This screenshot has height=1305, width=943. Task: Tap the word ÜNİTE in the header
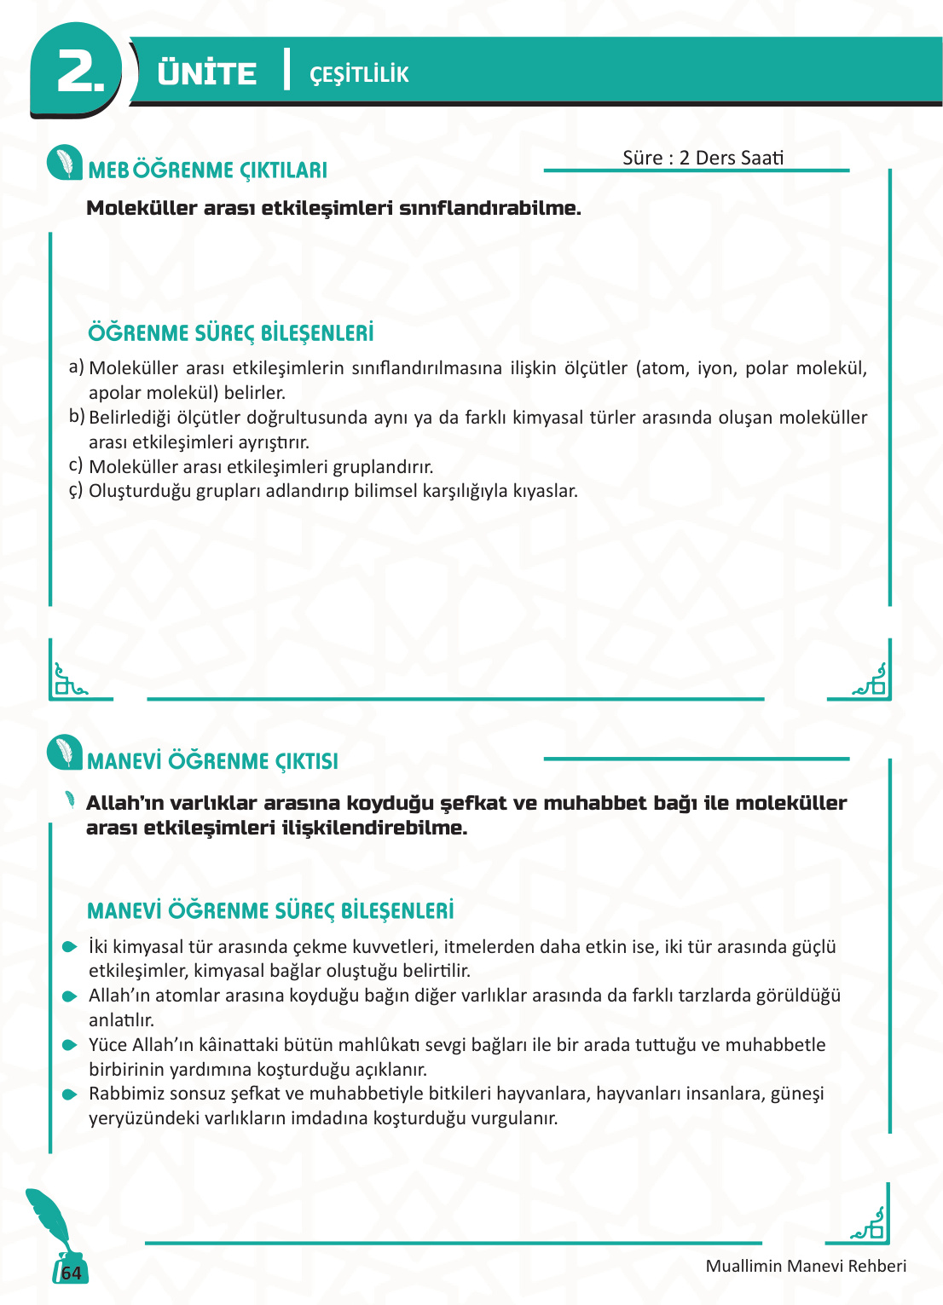tap(206, 73)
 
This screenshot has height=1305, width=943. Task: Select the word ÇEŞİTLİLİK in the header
tap(359, 75)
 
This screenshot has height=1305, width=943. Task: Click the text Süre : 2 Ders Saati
tap(703, 158)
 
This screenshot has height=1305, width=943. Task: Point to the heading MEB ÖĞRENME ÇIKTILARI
tap(208, 170)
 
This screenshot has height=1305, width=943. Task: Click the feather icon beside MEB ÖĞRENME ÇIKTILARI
tap(65, 162)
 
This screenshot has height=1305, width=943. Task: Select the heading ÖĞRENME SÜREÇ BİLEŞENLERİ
tap(231, 332)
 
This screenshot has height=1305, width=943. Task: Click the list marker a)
tap(76, 367)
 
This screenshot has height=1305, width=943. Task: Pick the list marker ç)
tap(76, 490)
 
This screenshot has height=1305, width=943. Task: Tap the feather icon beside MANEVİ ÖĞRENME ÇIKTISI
tap(65, 752)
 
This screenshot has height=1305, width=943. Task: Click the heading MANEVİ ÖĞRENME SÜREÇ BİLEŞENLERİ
tap(270, 910)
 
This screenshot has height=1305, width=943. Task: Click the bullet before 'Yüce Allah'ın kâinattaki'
tap(70, 1045)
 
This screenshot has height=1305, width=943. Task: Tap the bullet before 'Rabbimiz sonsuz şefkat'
tap(70, 1094)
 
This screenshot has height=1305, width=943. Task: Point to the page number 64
tap(72, 1273)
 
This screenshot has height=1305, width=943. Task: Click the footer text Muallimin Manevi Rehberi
tap(806, 1266)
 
